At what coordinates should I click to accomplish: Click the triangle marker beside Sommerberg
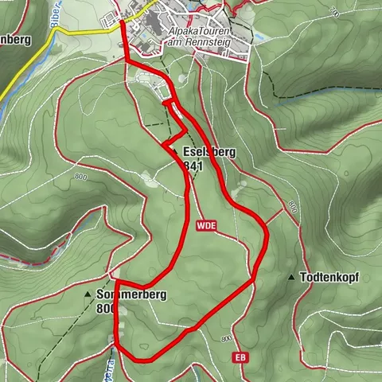click(88, 294)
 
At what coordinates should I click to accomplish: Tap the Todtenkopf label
click(329, 278)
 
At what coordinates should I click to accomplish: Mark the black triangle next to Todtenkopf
click(291, 278)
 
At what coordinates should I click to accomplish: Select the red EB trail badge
click(240, 359)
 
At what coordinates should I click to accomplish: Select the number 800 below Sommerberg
click(103, 309)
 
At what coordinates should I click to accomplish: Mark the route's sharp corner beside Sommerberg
click(116, 280)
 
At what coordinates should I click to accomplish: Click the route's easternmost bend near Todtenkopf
click(267, 236)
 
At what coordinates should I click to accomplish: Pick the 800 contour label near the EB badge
click(226, 339)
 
